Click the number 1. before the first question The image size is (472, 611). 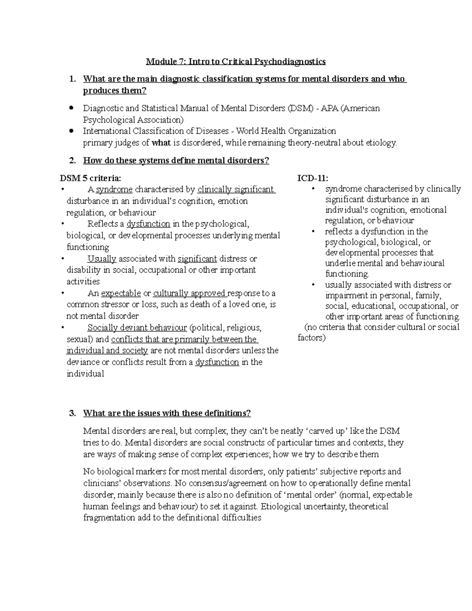pyautogui.click(x=72, y=79)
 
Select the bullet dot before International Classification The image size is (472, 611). pyautogui.click(x=71, y=131)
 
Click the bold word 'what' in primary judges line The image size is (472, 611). pyautogui.click(x=161, y=143)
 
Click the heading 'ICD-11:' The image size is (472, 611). pyautogui.click(x=313, y=178)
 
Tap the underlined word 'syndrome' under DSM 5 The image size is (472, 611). pyautogui.click(x=114, y=190)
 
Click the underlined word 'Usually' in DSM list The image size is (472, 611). pyautogui.click(x=102, y=259)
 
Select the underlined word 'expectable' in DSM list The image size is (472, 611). pyautogui.click(x=121, y=294)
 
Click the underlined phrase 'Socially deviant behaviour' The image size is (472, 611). pyautogui.click(x=137, y=328)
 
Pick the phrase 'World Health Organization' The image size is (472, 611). pyautogui.click(x=286, y=131)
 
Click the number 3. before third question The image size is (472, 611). pyautogui.click(x=72, y=413)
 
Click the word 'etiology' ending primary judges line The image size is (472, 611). pyautogui.click(x=382, y=143)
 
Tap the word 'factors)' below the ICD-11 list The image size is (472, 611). pyautogui.click(x=312, y=338)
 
